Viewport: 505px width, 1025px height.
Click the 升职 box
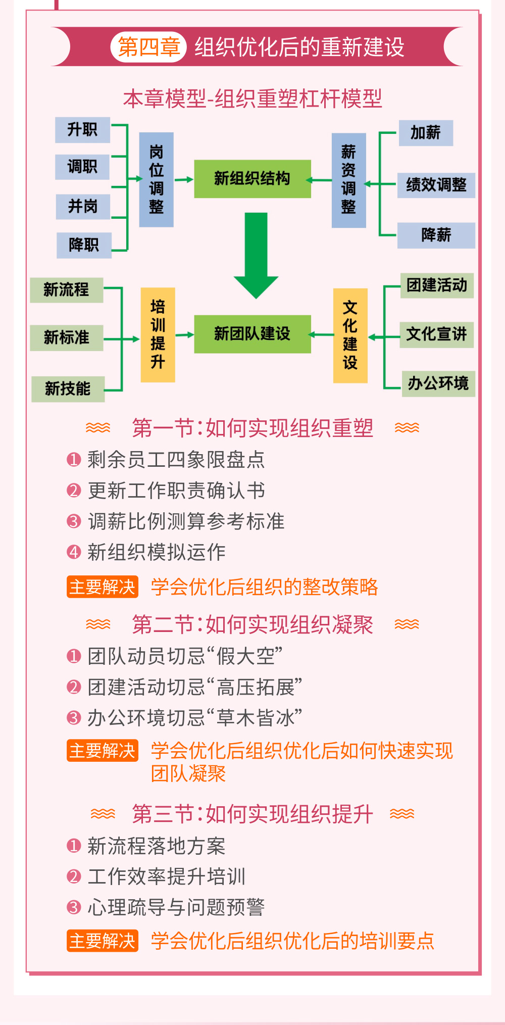pos(82,130)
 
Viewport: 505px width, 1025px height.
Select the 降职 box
pos(84,246)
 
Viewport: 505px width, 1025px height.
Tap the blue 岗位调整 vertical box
pos(156,179)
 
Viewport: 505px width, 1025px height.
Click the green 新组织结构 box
pos(252,179)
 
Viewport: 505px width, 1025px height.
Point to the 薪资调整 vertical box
pos(348,180)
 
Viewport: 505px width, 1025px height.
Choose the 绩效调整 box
pos(436,185)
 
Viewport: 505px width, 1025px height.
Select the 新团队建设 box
pos(252,334)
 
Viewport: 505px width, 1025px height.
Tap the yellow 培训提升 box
pos(158,334)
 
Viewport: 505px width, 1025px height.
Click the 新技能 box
pos(68,389)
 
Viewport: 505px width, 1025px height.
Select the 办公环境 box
pos(438,384)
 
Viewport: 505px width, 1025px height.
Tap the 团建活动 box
pos(437,285)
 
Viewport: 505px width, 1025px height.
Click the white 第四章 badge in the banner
pos(148,47)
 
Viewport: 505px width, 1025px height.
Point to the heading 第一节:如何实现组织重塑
pos(252,428)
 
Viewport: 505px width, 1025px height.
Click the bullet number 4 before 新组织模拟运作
pos(74,552)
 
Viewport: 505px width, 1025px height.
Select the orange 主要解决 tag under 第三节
pos(103,941)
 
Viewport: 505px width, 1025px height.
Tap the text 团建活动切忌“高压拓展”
pos(195,687)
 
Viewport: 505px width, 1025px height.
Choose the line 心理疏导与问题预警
pos(176,907)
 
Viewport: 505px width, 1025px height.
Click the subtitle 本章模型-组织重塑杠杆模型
pos(252,99)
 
